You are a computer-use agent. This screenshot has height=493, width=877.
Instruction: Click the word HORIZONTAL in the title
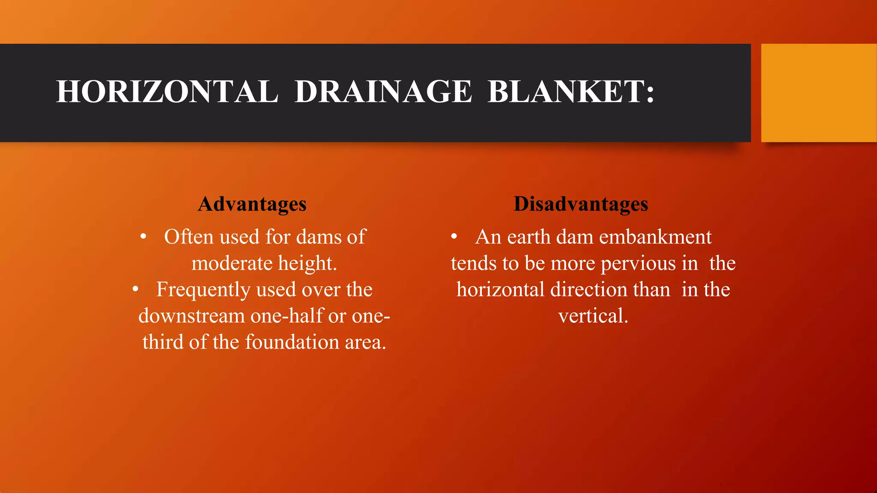point(167,92)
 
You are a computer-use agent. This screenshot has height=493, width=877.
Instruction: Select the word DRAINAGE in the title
point(383,92)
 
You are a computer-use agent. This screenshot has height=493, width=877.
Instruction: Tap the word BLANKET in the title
point(565,92)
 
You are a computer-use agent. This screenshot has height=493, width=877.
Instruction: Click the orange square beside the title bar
point(819,93)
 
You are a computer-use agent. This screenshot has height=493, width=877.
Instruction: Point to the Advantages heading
point(252,204)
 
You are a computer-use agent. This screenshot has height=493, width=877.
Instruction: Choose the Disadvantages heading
point(581,204)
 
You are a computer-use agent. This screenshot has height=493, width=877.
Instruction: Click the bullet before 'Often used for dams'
point(143,237)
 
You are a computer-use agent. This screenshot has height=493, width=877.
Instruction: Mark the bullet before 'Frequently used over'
point(135,289)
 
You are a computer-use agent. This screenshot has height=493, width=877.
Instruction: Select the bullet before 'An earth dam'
point(454,237)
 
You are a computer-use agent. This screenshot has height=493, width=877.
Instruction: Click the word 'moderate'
point(232,263)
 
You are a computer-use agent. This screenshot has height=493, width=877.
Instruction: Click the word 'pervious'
point(638,264)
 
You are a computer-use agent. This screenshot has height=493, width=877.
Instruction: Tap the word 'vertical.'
point(593,316)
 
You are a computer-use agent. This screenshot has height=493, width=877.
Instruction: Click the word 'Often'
point(188,237)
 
